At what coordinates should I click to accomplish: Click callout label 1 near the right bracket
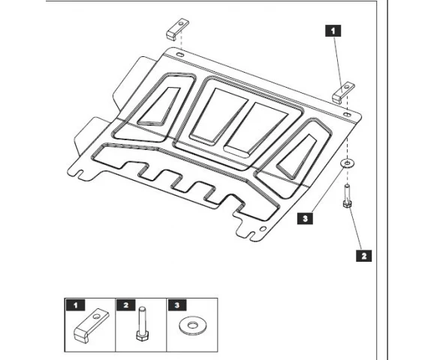click(333, 31)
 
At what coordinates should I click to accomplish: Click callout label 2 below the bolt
click(363, 256)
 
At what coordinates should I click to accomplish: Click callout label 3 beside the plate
click(305, 218)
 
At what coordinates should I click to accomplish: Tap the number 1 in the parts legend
click(76, 305)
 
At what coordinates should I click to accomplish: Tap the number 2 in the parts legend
click(126, 305)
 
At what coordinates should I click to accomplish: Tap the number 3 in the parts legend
click(177, 305)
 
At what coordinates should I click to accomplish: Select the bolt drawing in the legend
click(143, 323)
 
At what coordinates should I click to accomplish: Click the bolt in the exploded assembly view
click(347, 196)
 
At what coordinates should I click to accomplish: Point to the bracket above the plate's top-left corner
click(177, 29)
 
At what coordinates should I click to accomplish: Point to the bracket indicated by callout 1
click(343, 93)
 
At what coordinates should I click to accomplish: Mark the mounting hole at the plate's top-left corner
click(180, 55)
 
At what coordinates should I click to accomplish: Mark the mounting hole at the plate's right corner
click(348, 115)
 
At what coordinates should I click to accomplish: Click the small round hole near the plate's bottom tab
click(263, 229)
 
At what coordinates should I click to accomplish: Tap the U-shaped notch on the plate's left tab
click(81, 174)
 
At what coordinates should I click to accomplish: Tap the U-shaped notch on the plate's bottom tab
click(251, 235)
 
